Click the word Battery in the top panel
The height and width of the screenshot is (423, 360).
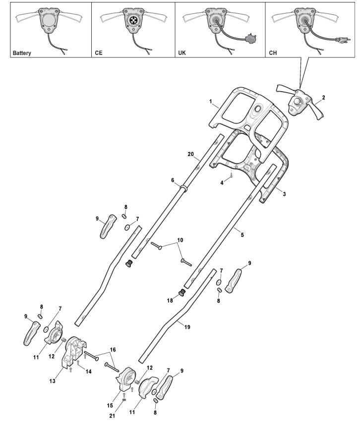[14, 52]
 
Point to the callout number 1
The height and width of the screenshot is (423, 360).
[210, 103]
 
